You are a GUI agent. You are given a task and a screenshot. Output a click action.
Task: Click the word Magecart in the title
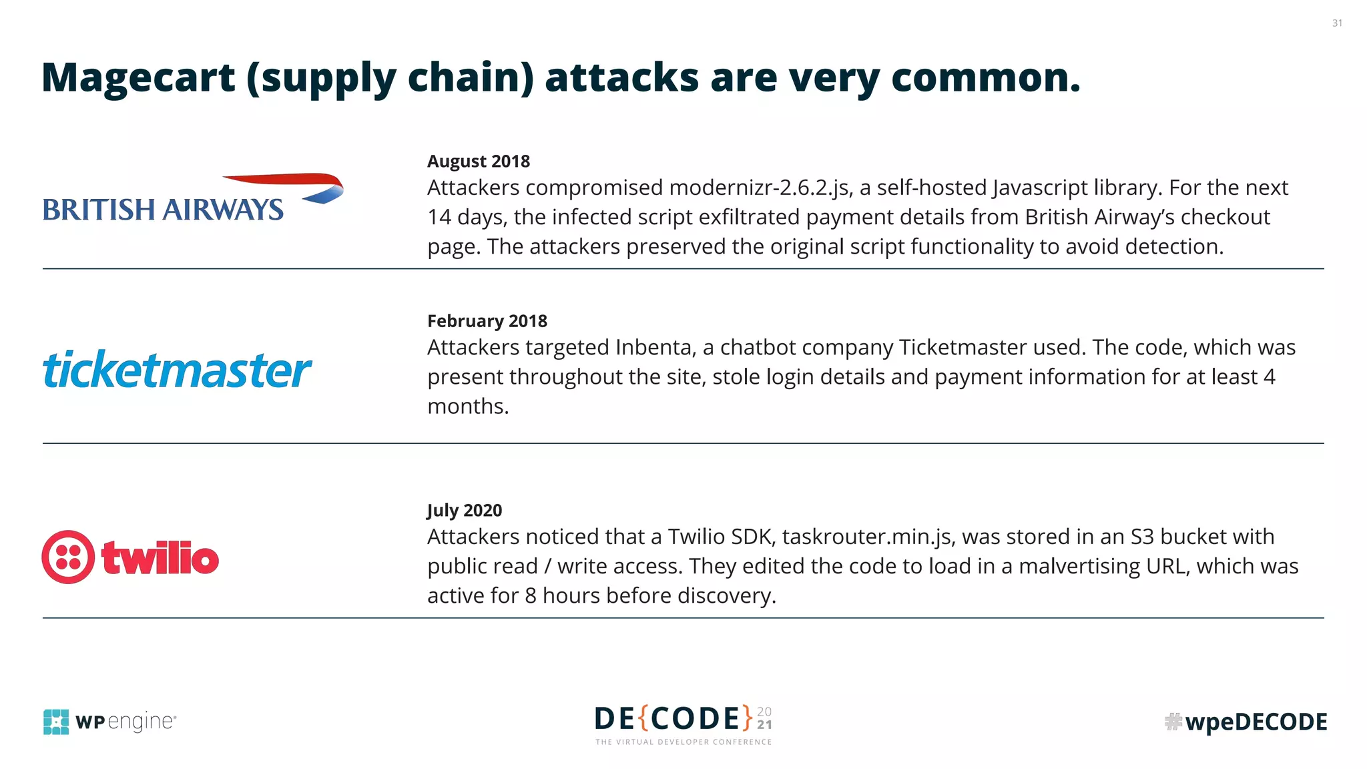(138, 77)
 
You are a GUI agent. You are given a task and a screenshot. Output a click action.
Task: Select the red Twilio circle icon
(68, 557)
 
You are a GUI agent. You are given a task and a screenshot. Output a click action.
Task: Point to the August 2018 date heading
(478, 162)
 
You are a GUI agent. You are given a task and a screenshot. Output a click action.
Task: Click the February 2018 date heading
(487, 321)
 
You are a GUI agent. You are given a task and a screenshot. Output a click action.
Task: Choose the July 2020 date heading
(464, 511)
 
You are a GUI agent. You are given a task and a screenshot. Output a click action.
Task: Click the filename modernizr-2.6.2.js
(760, 188)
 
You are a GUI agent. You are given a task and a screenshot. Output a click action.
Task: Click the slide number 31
(1337, 23)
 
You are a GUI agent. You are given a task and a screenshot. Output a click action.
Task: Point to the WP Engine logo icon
(56, 722)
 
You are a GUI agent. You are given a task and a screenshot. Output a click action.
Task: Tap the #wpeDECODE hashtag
(1246, 722)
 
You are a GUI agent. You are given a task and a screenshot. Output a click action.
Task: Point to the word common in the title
(985, 77)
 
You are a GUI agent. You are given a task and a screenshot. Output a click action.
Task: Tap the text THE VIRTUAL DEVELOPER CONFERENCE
(683, 742)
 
